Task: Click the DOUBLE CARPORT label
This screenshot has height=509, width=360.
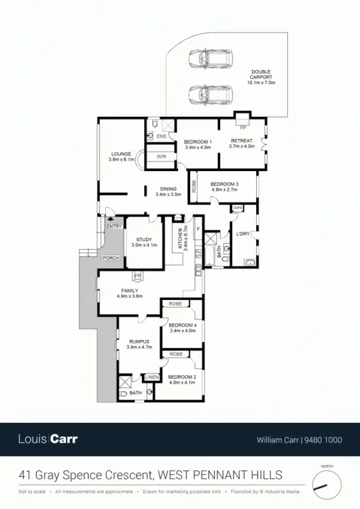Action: click(x=261, y=75)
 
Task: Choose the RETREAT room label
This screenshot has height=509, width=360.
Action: click(x=241, y=142)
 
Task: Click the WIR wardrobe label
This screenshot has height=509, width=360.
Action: click(x=162, y=157)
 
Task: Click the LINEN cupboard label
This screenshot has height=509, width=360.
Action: click(x=151, y=377)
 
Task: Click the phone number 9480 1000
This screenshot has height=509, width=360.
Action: click(x=327, y=439)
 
